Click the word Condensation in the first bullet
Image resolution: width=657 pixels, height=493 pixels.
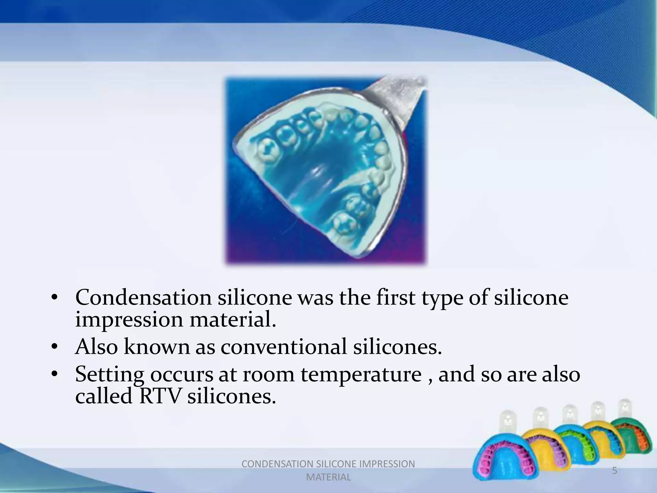[143, 298]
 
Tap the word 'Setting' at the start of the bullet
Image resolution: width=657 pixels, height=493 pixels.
[109, 375]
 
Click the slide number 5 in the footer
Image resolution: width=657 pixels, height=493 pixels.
[614, 471]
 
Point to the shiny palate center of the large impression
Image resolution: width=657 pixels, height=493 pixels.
[318, 180]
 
